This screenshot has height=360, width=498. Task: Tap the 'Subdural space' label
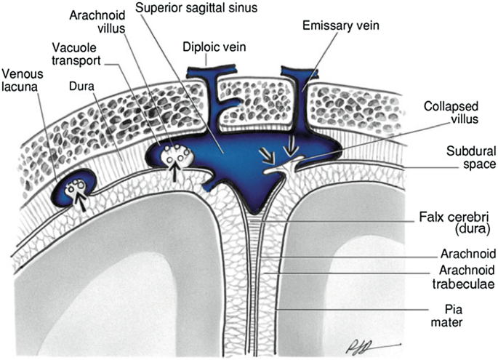pyautogui.click(x=465, y=159)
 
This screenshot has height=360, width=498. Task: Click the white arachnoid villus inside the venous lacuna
pyautogui.click(x=76, y=188)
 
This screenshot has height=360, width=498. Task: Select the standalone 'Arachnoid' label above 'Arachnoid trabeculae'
pyautogui.click(x=467, y=254)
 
